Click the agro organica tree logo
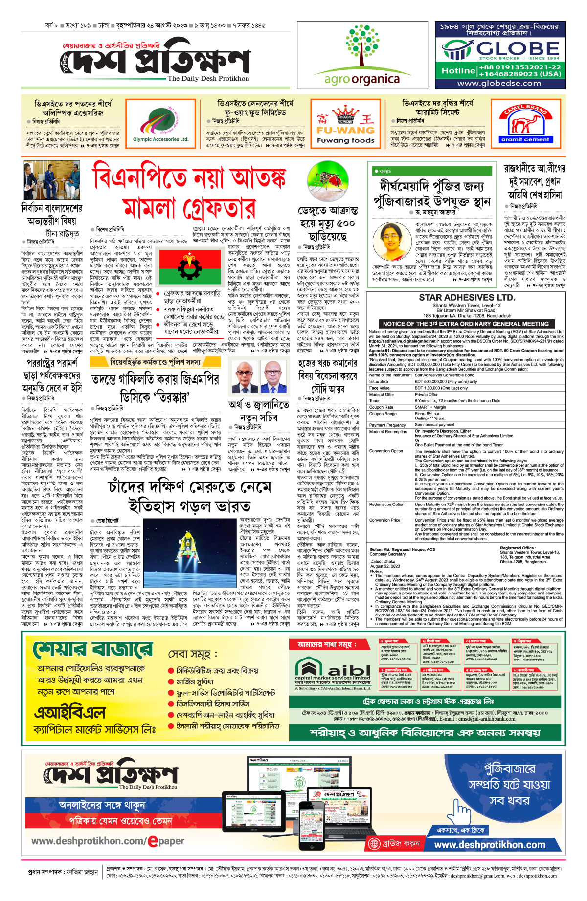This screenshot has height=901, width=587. tap(362, 46)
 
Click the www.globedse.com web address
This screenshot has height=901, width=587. tap(499, 83)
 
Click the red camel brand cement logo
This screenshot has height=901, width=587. tap(525, 124)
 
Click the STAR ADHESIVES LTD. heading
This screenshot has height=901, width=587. tap(467, 298)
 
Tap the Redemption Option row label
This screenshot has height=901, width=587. tap(386, 505)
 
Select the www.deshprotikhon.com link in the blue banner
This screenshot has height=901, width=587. tap(490, 845)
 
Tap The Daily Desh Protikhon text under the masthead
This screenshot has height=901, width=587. tap(208, 78)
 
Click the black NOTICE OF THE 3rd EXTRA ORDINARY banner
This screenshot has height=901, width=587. tap(466, 324)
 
